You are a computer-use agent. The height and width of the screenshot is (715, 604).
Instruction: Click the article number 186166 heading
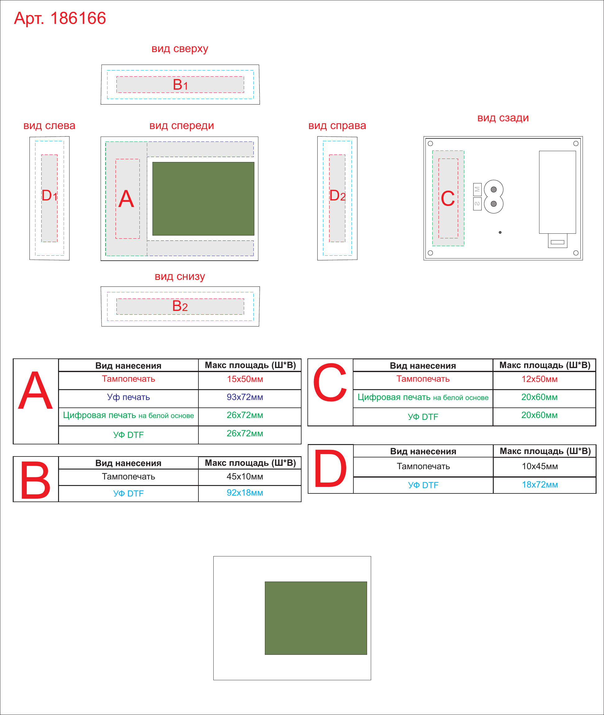[x=60, y=18]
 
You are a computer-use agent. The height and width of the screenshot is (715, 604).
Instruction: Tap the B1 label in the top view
[x=180, y=84]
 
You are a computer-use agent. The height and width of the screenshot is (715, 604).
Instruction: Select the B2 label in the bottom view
[x=180, y=306]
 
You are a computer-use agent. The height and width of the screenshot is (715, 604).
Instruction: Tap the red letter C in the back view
[x=448, y=198]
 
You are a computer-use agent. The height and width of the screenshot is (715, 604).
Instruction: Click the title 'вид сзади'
[x=503, y=118]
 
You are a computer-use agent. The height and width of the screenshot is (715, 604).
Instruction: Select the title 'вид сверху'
[x=180, y=49]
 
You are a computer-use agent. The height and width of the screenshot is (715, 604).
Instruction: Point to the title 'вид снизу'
[x=180, y=277]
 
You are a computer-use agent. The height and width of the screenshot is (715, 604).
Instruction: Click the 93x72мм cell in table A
[x=245, y=397]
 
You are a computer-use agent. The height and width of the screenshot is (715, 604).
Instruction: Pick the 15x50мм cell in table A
[x=245, y=379]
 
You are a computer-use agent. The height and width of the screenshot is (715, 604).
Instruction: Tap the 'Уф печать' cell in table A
[x=128, y=397]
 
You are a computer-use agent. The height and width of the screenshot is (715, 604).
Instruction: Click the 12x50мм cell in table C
[x=539, y=379]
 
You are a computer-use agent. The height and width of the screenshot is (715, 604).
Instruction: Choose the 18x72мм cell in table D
[x=540, y=485]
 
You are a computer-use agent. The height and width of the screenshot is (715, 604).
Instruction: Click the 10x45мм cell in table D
[x=540, y=466]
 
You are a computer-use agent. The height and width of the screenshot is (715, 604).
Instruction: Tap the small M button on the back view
[x=477, y=189]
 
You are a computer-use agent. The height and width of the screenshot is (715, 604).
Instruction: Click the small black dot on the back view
[x=500, y=232]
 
